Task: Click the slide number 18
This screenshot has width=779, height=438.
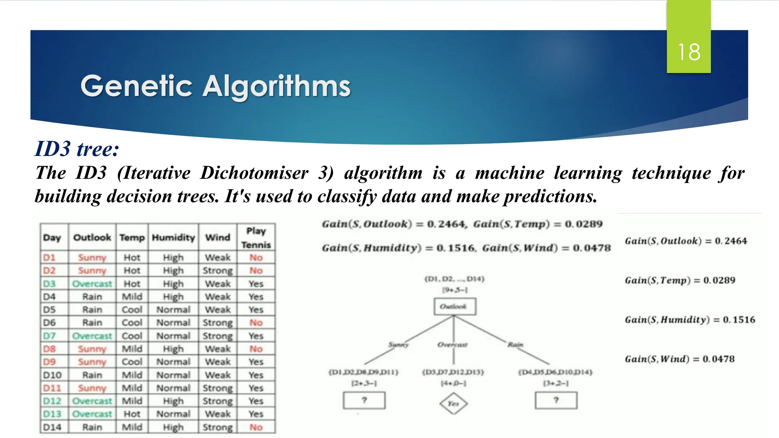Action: coord(689,52)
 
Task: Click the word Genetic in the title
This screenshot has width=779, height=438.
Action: coord(136,86)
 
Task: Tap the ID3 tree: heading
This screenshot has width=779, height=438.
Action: coord(77,149)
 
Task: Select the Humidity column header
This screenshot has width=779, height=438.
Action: coord(173,238)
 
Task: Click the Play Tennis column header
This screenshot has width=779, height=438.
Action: coord(256,238)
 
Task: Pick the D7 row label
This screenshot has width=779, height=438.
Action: coord(49,336)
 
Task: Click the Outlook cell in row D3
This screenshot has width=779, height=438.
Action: coord(92,284)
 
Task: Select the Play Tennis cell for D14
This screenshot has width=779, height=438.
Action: coord(256,427)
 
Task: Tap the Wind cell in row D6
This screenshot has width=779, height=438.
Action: coord(218,323)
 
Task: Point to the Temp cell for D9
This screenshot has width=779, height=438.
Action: coord(132,362)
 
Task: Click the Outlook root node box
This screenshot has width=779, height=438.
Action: coord(455,306)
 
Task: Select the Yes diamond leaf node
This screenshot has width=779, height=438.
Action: coord(453,403)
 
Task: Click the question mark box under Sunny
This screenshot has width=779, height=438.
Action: coord(364,400)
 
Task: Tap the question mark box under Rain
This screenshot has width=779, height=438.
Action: coord(556,400)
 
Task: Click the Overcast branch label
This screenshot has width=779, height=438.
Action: coord(452,345)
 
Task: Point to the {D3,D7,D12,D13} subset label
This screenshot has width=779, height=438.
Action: coord(453,372)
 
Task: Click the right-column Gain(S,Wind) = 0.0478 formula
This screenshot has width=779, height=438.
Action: coord(680,359)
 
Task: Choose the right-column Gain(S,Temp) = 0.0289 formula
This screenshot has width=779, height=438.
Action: coord(680,280)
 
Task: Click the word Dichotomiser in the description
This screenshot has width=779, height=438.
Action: coord(254,173)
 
